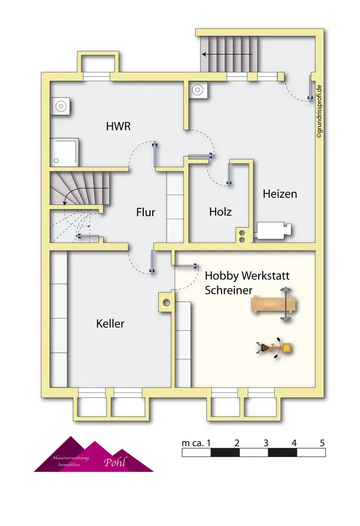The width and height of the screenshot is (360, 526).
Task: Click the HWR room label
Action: tap(118, 126)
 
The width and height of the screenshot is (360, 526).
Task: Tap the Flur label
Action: tap(145, 213)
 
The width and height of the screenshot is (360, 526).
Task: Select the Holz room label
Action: tap(221, 212)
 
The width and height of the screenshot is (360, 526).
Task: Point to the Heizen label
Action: tap(280, 194)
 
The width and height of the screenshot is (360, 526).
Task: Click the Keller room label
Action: tap(111, 323)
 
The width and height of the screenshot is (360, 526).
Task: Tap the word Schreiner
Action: tap(228, 290)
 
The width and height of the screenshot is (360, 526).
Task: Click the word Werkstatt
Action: tap(262, 275)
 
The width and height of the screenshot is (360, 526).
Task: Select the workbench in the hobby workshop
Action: tap(273, 304)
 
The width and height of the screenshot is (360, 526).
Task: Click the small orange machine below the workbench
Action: tap(274, 348)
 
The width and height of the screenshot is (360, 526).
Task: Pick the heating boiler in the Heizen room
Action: tap(274, 230)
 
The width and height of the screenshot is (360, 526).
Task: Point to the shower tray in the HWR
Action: tap(65, 151)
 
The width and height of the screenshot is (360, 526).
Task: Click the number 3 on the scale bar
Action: tap(266, 442)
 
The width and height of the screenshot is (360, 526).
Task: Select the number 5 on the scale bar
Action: tap(322, 442)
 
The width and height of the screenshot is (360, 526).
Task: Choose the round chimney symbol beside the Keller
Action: tap(166, 303)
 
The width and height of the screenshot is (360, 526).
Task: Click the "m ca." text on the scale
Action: tap(193, 443)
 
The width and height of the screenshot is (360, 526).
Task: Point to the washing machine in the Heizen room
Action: tap(199, 90)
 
